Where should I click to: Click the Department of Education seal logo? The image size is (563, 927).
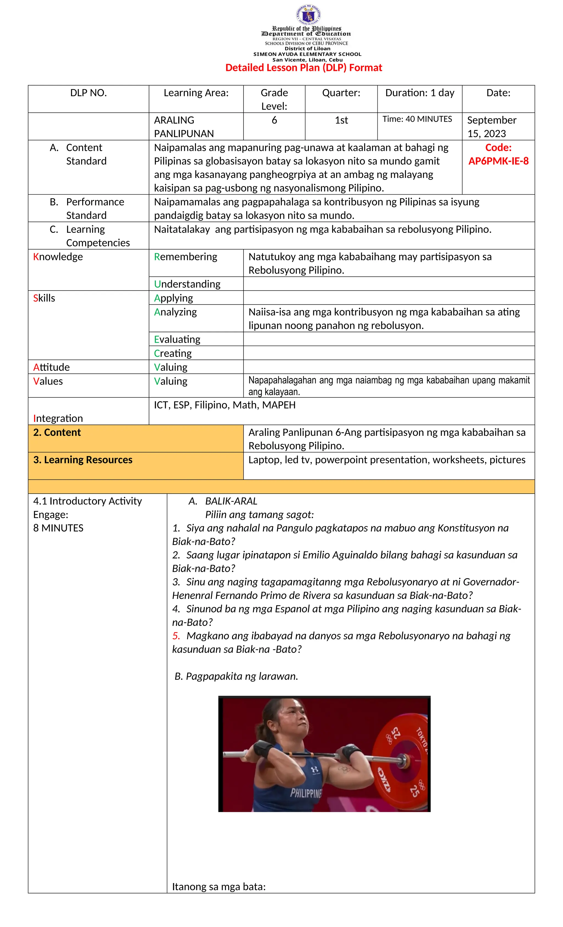pos(308,15)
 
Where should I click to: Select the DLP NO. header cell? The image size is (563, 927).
pos(89,93)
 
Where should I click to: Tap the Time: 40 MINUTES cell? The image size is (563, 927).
pos(417,119)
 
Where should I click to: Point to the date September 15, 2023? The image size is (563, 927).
pos(492,127)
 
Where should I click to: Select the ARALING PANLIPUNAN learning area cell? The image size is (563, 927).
pos(184,127)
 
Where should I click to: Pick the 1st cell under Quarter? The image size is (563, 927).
pos(341,120)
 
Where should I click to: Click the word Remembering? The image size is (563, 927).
pos(186,257)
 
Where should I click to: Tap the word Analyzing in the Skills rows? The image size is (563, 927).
pos(175,312)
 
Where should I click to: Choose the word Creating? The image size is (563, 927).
pos(173,353)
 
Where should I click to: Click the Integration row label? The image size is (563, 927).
pos(58,418)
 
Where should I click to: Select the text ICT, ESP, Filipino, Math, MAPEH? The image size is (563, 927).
pos(225,405)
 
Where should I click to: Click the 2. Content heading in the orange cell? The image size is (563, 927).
pos(57,433)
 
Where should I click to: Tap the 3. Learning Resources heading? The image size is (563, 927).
pos(83,460)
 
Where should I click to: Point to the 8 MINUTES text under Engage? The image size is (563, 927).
pos(58,528)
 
